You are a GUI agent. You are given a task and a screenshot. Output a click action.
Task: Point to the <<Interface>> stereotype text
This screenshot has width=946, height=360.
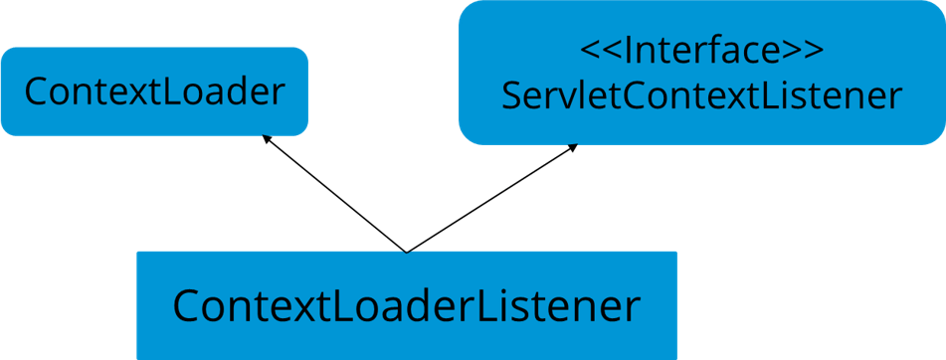701,50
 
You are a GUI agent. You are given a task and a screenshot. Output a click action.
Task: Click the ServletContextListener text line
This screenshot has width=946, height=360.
701,96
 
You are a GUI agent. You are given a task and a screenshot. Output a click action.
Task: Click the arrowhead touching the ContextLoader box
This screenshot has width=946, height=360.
266,140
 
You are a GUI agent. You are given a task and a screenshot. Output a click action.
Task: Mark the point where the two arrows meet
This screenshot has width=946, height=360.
406,251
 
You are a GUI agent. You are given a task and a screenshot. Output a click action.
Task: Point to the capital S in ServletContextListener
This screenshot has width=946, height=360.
513,96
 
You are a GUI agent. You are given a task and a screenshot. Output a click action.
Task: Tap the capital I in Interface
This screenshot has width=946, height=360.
627,50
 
